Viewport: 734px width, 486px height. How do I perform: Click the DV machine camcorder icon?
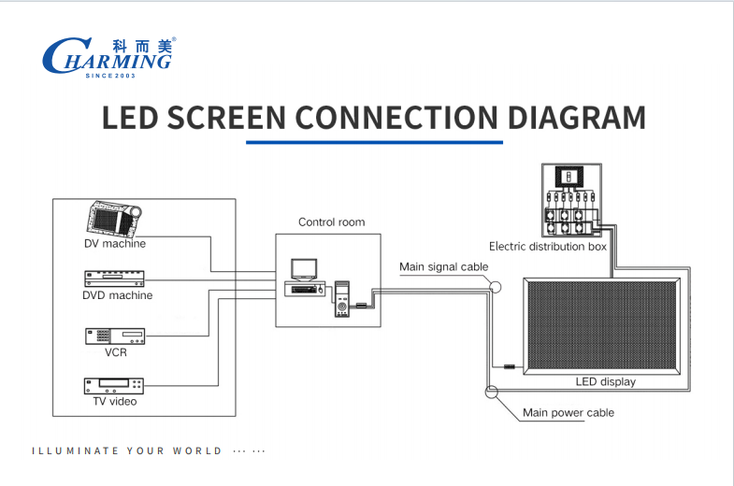coord(112,219)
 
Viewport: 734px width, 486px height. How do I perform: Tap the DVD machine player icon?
coord(117,278)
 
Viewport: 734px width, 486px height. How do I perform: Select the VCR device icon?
coord(115,336)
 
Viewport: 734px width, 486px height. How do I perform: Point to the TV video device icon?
coord(114,386)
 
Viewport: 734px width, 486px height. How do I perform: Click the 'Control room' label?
coord(331,222)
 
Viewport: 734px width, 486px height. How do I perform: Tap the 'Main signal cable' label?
coord(443,267)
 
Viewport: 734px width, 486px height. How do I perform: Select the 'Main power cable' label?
coord(568,412)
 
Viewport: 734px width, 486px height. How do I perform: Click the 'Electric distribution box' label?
coord(548,247)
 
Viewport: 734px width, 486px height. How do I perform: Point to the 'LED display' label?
coord(605,381)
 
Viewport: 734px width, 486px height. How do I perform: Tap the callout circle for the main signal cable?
coord(496,288)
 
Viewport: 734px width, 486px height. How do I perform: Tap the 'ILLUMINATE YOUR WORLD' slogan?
coord(127,450)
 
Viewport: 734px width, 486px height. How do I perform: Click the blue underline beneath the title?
coord(374,142)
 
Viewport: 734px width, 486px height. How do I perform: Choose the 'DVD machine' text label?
coord(117,295)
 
